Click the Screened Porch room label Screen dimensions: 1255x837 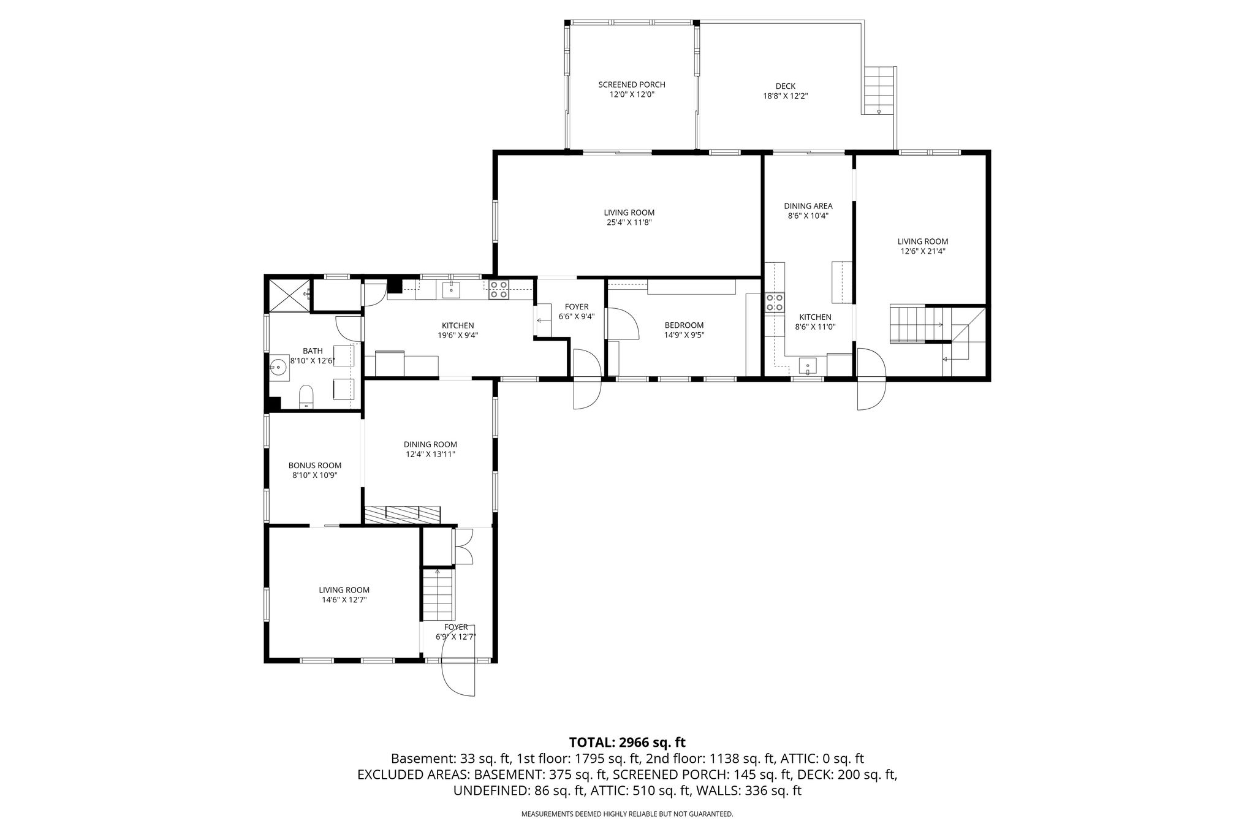pyautogui.click(x=632, y=85)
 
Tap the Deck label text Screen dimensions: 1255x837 pyautogui.click(x=786, y=86)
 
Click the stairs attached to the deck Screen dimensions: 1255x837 pyautogui.click(x=879, y=91)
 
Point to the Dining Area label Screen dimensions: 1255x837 pyautogui.click(x=808, y=206)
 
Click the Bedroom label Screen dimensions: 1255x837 pyautogui.click(x=684, y=325)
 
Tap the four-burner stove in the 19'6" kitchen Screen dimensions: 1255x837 pyautogui.click(x=498, y=289)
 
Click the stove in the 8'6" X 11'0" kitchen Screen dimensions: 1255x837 pyautogui.click(x=775, y=303)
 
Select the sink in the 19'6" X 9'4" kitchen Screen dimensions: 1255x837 pyautogui.click(x=452, y=289)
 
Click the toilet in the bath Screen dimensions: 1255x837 pyautogui.click(x=306, y=396)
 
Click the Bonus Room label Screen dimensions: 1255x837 pyautogui.click(x=315, y=466)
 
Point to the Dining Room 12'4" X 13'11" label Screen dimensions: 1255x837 pyautogui.click(x=430, y=449)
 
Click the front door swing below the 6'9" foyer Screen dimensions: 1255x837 pyautogui.click(x=458, y=677)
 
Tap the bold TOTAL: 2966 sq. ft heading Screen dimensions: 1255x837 pyautogui.click(x=627, y=743)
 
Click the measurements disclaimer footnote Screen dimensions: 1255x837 pyautogui.click(x=627, y=814)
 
